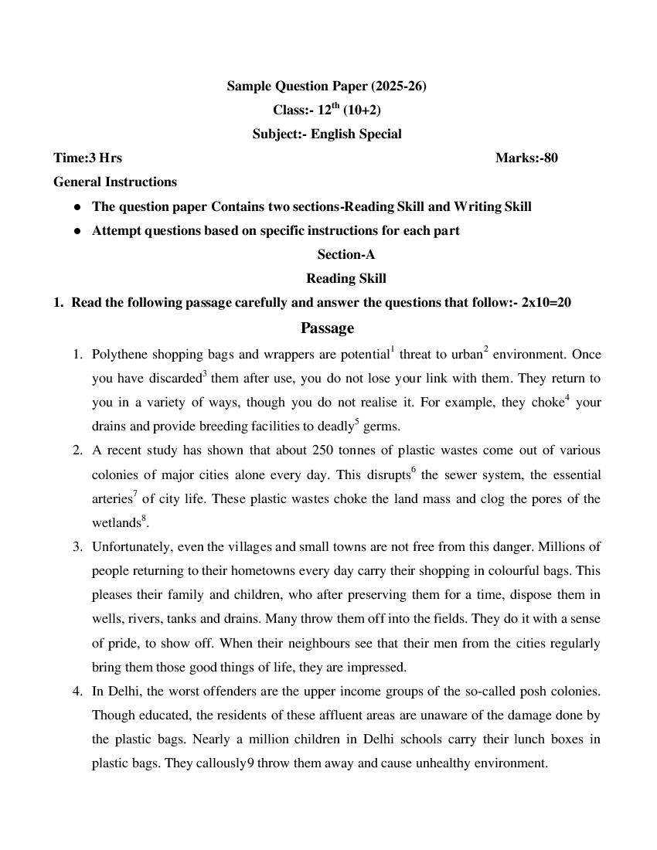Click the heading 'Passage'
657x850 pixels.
[327, 328]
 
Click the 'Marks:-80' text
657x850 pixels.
[526, 158]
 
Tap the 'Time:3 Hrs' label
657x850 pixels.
[87, 158]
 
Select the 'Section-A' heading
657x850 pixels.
[346, 254]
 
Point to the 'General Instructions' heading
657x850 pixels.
[115, 182]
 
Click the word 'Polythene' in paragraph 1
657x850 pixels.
[120, 355]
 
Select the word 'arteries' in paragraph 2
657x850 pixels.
[111, 499]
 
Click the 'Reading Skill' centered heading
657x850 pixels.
[346, 278]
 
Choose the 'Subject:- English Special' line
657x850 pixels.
[327, 134]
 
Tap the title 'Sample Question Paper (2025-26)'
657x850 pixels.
[326, 87]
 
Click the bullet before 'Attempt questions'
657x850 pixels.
[77, 231]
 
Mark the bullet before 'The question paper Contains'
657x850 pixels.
[77, 207]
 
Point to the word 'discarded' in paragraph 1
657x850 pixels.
[169, 379]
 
